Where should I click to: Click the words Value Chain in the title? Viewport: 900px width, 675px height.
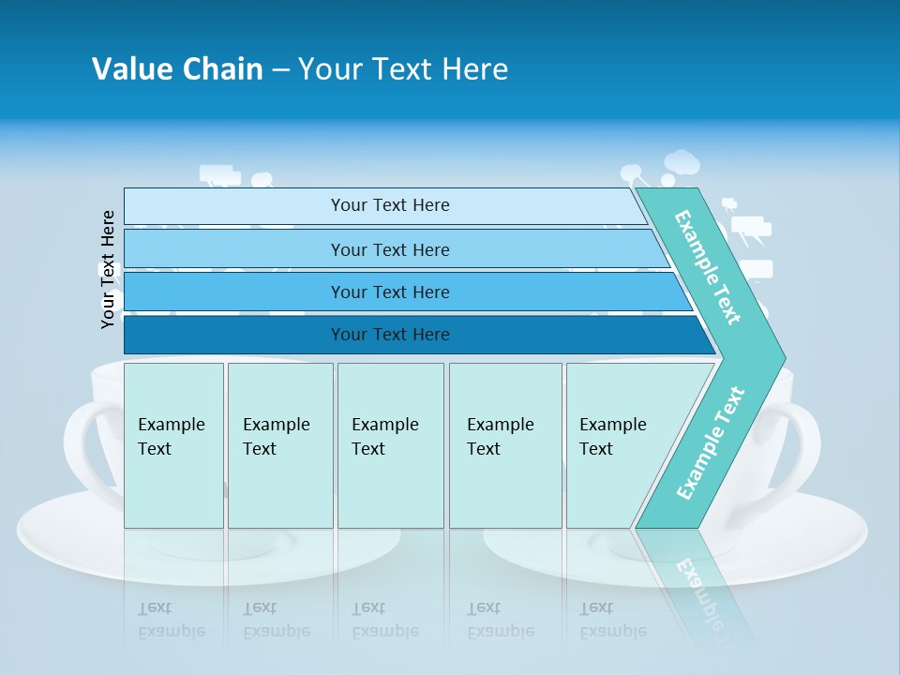pyautogui.click(x=177, y=69)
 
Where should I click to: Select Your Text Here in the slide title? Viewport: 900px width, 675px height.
pyautogui.click(x=403, y=69)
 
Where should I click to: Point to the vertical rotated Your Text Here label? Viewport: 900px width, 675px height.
pyautogui.click(x=108, y=269)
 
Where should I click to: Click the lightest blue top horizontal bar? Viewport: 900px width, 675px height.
pyautogui.click(x=389, y=205)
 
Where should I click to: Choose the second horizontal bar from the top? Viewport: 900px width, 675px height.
pyautogui.click(x=389, y=249)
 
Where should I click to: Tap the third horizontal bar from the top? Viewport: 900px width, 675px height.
pyautogui.click(x=389, y=292)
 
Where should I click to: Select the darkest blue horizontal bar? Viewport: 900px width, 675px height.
pyautogui.click(x=389, y=335)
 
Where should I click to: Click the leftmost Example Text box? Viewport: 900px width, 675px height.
pyautogui.click(x=173, y=445)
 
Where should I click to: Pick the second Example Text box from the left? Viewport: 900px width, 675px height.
pyautogui.click(x=280, y=445)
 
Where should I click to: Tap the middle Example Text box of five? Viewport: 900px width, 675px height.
pyautogui.click(x=390, y=445)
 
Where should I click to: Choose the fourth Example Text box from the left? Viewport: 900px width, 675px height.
pyautogui.click(x=505, y=445)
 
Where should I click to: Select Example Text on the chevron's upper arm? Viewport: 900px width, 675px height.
pyautogui.click(x=708, y=267)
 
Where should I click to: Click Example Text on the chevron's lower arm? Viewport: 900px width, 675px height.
pyautogui.click(x=711, y=442)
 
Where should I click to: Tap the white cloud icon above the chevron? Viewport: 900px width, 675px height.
pyautogui.click(x=682, y=163)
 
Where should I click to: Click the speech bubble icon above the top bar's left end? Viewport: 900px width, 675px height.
pyautogui.click(x=219, y=175)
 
